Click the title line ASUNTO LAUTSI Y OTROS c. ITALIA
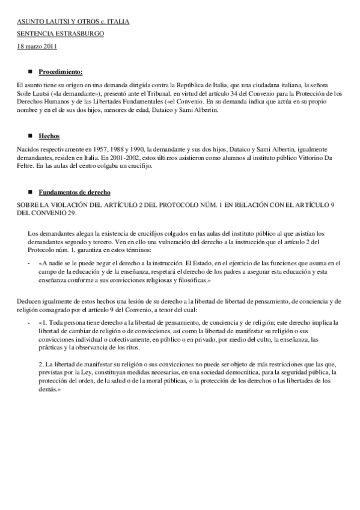click(x=73, y=22)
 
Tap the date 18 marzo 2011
click(x=37, y=46)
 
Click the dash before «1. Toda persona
click(x=29, y=322)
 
